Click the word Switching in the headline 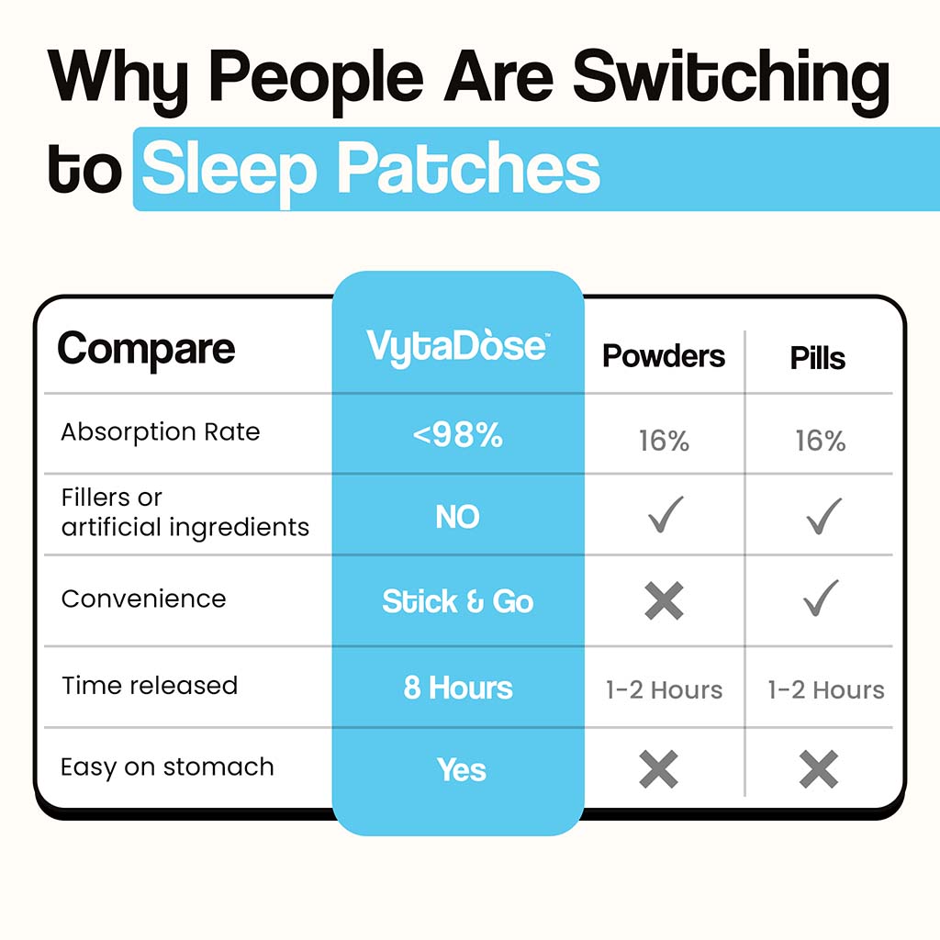[731, 81]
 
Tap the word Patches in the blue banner [469, 169]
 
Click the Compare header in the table [146, 350]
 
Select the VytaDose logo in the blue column [458, 346]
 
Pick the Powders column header [664, 356]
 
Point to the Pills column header [818, 358]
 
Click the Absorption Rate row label [161, 431]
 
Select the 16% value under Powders [664, 441]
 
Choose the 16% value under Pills [820, 441]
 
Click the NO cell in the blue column [457, 516]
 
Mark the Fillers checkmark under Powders [666, 514]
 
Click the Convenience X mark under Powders [665, 600]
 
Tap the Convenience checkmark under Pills [822, 598]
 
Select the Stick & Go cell [458, 601]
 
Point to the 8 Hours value [458, 688]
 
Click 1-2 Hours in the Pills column [826, 690]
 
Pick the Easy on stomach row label [167, 767]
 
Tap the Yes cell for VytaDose [461, 769]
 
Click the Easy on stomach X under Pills [819, 769]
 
